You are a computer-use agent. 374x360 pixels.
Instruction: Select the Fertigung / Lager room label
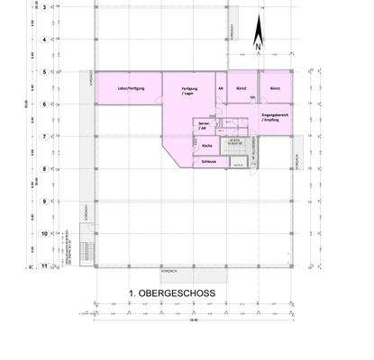[189, 91]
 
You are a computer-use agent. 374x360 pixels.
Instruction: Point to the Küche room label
[206, 145]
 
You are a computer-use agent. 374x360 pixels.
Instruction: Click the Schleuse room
[209, 160]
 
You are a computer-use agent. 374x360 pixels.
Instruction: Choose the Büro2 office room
[242, 89]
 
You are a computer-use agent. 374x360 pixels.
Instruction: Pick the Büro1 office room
[275, 89]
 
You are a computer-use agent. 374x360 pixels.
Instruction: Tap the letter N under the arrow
[259, 46]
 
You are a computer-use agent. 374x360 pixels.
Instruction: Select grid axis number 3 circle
[44, 7]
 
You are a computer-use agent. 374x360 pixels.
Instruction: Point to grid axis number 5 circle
[44, 71]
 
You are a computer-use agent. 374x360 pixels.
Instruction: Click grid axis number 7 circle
[44, 136]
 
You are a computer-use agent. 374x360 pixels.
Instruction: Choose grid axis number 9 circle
[44, 202]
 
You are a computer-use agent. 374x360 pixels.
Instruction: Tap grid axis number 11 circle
[44, 266]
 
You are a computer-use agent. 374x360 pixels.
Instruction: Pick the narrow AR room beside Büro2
[221, 89]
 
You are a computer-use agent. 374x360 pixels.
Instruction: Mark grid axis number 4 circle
[44, 40]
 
